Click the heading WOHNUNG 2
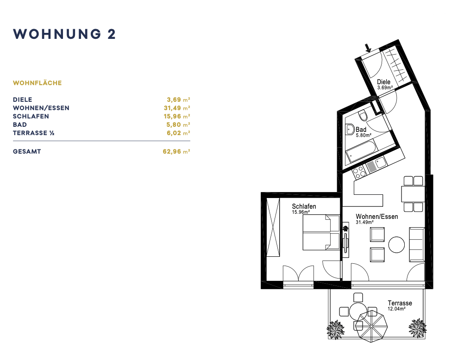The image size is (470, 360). (x=64, y=34)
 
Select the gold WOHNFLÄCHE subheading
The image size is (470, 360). (x=38, y=83)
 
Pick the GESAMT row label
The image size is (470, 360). (x=27, y=152)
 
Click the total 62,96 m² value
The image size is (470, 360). (x=176, y=152)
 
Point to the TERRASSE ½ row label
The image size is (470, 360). (x=33, y=133)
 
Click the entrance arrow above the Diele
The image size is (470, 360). (x=368, y=48)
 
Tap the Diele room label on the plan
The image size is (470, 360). (x=384, y=82)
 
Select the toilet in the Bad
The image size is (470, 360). (x=363, y=115)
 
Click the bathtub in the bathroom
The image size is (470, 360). (x=361, y=151)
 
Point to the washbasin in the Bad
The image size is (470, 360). (x=350, y=130)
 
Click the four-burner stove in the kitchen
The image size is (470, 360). (x=359, y=172)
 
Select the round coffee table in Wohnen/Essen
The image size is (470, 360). (x=396, y=245)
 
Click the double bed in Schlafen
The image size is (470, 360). (x=321, y=232)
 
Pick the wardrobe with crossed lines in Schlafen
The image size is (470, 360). (x=273, y=227)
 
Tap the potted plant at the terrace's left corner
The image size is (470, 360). (x=335, y=329)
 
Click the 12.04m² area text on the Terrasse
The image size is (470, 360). (x=396, y=309)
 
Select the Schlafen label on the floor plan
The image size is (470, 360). (x=304, y=206)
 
